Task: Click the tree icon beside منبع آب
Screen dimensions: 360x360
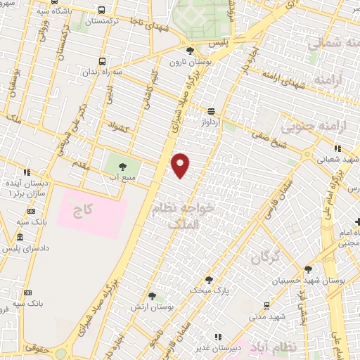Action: pos(124,167)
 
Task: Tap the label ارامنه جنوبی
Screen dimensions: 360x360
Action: pos(309,128)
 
